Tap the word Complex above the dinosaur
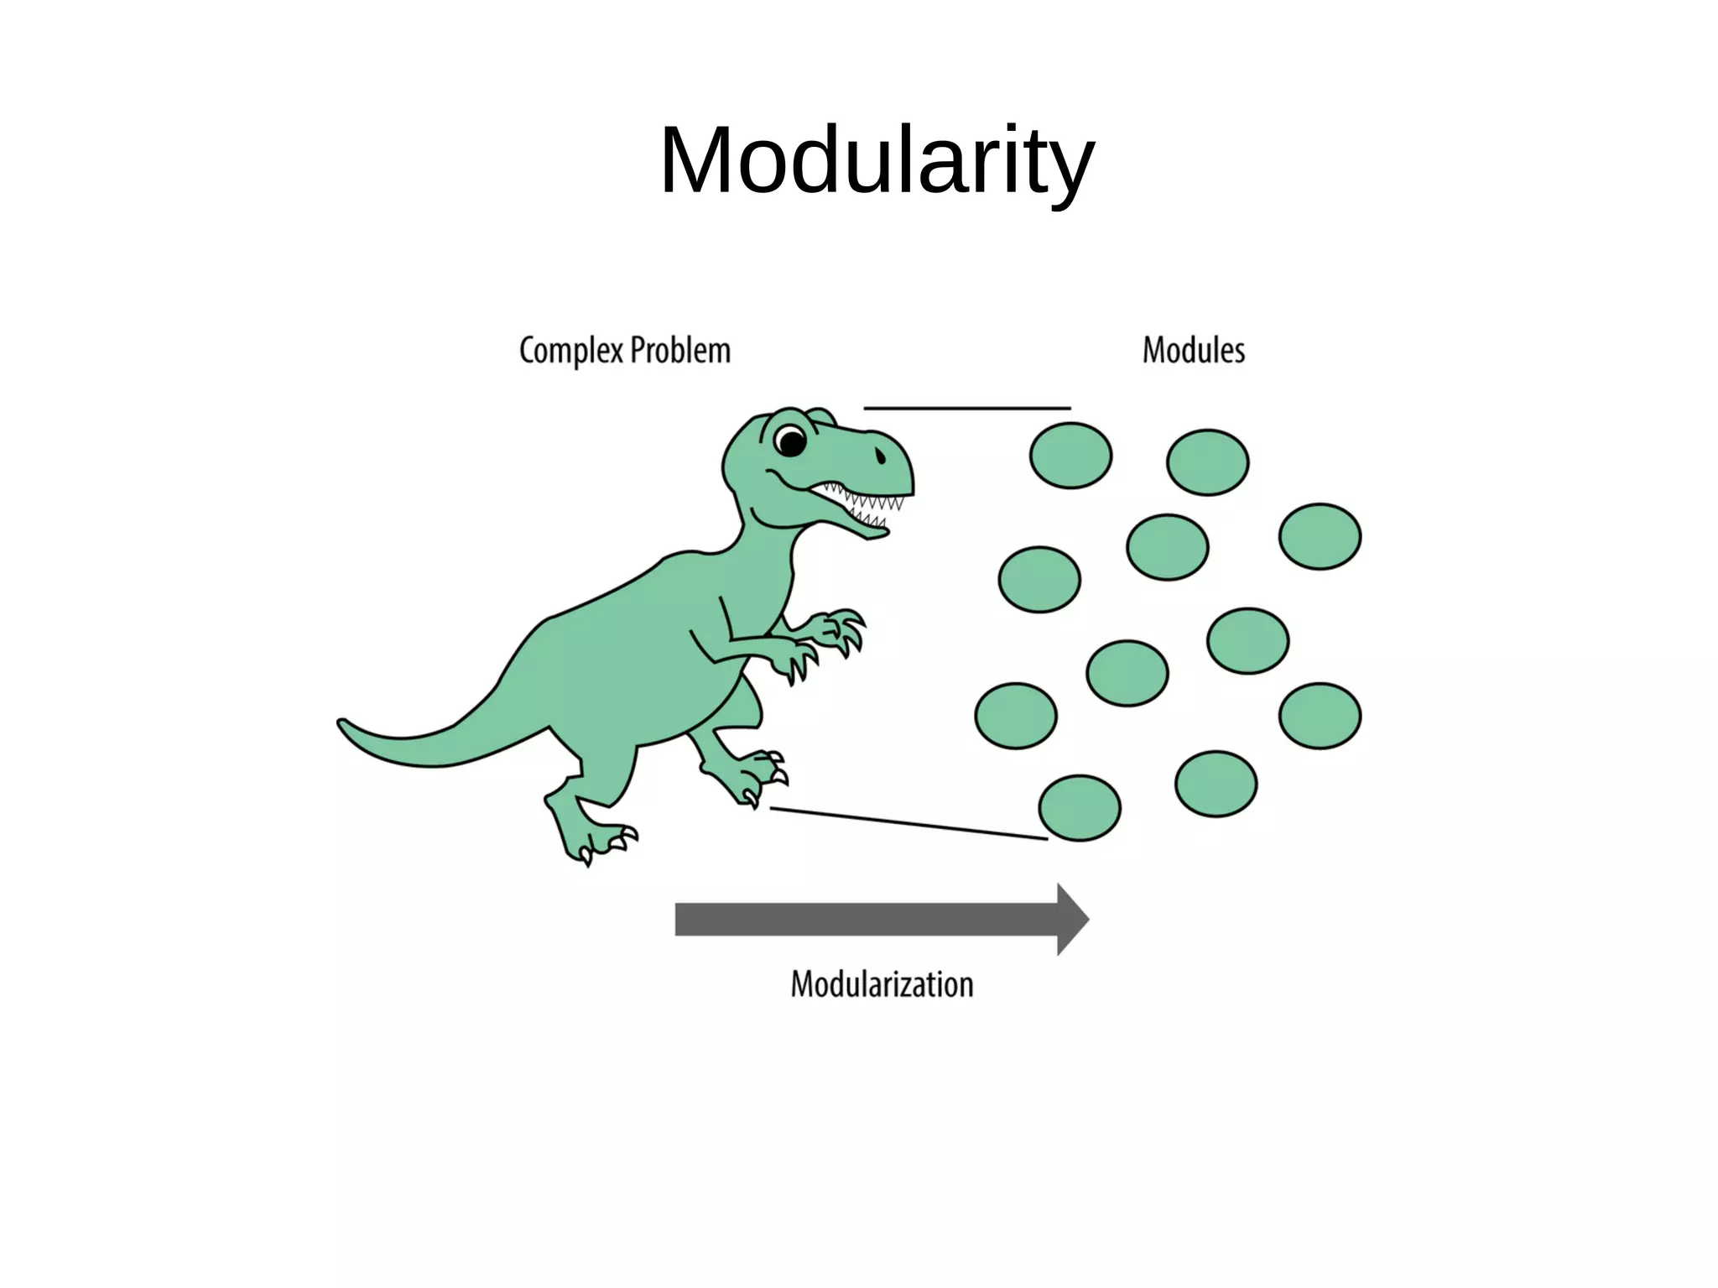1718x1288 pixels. (x=570, y=351)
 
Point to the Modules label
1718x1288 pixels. (x=1193, y=351)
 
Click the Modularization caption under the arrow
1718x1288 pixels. (x=882, y=984)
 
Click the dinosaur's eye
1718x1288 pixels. (x=789, y=440)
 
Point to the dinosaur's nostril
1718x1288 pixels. (x=880, y=456)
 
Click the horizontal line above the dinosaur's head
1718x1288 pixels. (x=966, y=409)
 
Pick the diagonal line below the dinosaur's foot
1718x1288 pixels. (x=908, y=823)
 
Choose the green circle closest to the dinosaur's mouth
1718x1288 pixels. (x=1070, y=456)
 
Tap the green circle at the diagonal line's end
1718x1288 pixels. (x=1080, y=808)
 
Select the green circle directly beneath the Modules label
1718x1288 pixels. (x=1207, y=462)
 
